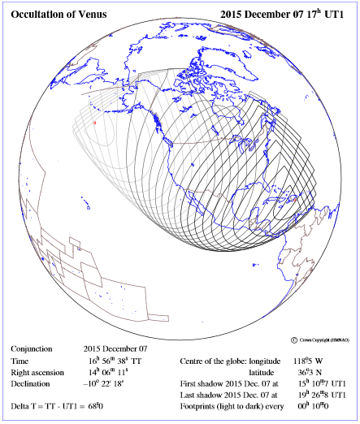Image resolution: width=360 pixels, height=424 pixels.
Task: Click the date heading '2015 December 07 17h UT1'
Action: click(284, 13)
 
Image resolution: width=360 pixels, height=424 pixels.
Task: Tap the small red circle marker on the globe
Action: click(95, 123)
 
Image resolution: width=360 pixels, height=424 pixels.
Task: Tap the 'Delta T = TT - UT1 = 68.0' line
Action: click(58, 405)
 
